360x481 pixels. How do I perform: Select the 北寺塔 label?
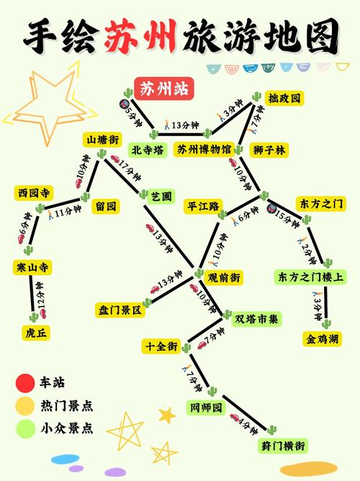pos(148,150)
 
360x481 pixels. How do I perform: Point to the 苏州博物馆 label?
pos(204,150)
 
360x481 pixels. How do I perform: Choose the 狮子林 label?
pos(269,150)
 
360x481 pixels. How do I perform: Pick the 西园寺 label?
pos(33,193)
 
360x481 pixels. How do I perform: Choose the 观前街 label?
pos(224,277)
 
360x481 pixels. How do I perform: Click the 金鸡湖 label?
pos(321,338)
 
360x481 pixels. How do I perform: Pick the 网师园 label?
pos(205,408)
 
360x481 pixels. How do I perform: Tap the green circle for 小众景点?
pos(26,429)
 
